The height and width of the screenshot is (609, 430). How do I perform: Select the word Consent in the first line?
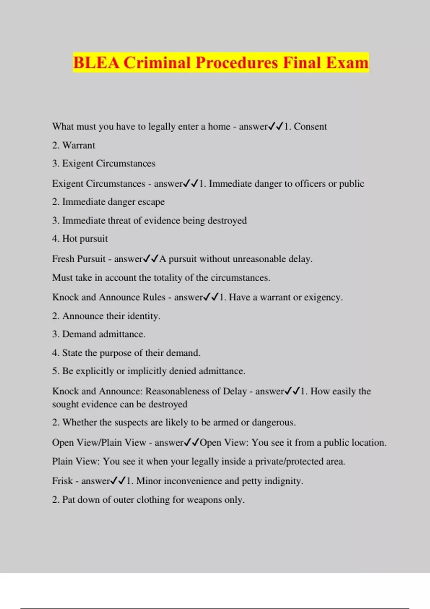point(310,126)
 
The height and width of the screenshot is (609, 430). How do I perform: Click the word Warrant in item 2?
point(79,145)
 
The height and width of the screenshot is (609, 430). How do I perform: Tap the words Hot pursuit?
point(85,239)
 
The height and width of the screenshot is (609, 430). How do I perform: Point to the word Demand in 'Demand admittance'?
point(79,334)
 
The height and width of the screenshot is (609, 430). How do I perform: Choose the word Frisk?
point(62,481)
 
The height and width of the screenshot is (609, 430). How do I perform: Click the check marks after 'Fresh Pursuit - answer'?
point(150,259)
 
